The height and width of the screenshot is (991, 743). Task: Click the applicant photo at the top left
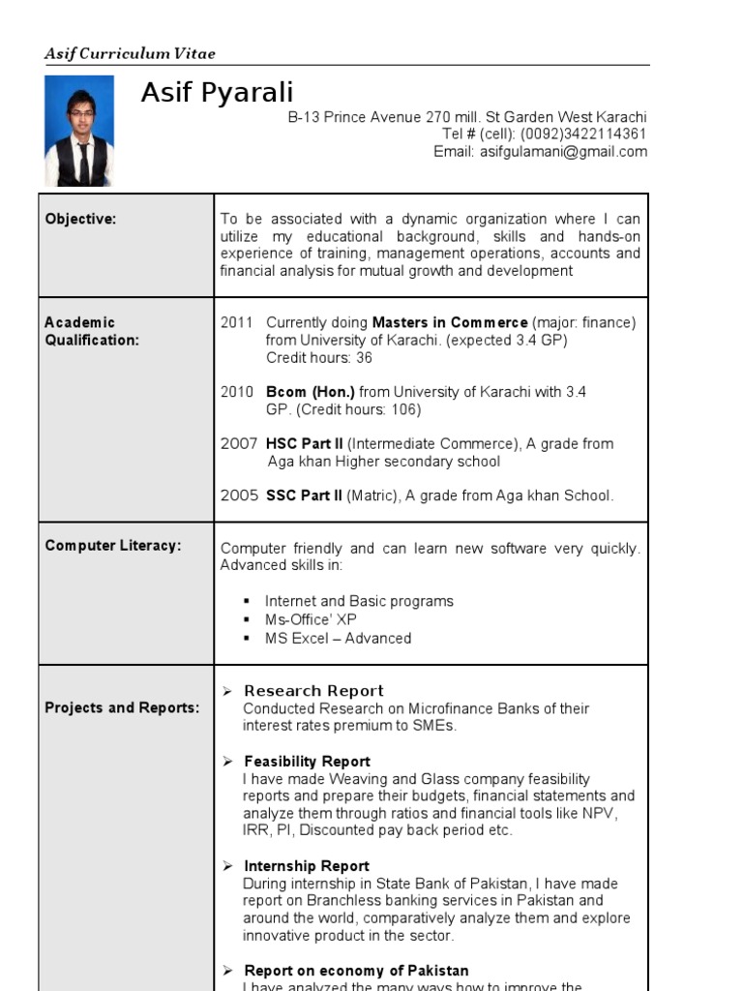pyautogui.click(x=78, y=131)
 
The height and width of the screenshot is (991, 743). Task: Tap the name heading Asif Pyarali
pyautogui.click(x=217, y=93)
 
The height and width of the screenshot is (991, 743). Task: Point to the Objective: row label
pyautogui.click(x=80, y=219)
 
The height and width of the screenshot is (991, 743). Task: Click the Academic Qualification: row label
pyautogui.click(x=92, y=331)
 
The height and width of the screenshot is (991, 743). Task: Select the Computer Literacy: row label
pyautogui.click(x=113, y=546)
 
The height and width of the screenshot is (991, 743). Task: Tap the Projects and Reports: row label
pyautogui.click(x=122, y=707)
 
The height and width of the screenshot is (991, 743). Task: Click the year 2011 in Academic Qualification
pyautogui.click(x=236, y=322)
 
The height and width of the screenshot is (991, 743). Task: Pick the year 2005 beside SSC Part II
pyautogui.click(x=239, y=495)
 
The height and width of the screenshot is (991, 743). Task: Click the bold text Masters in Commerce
pyautogui.click(x=450, y=322)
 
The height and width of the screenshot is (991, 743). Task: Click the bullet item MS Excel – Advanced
pyautogui.click(x=338, y=639)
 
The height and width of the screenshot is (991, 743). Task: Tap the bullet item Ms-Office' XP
pyautogui.click(x=311, y=619)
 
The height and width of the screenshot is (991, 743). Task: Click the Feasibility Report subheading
pyautogui.click(x=307, y=762)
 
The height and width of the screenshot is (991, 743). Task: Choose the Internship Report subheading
pyautogui.click(x=306, y=866)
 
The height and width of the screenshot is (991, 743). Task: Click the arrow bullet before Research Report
pyautogui.click(x=227, y=691)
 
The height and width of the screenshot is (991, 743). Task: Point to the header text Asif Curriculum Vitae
pyautogui.click(x=130, y=54)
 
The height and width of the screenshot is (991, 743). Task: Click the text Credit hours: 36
pyautogui.click(x=318, y=358)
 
